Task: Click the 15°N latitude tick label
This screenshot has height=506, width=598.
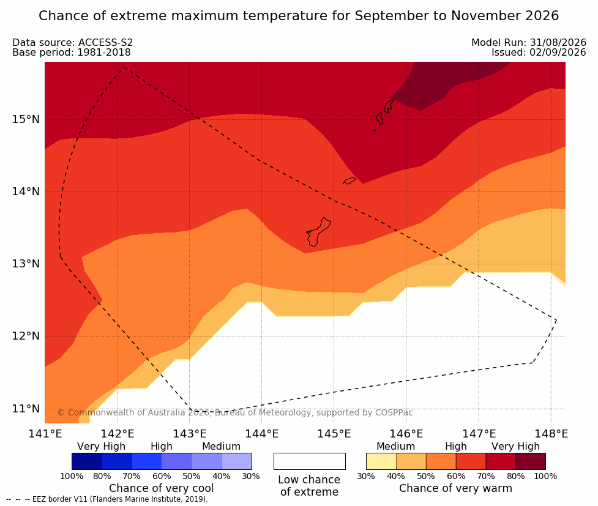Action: click(26, 119)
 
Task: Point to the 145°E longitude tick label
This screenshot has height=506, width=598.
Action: click(334, 434)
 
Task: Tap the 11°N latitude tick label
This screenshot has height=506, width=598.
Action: click(26, 409)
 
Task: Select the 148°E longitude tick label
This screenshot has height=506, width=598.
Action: click(551, 434)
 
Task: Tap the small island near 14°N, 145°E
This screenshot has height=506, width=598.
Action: click(349, 180)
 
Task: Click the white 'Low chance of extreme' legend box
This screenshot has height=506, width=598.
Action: click(310, 461)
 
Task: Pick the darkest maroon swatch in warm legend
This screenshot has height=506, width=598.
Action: click(531, 461)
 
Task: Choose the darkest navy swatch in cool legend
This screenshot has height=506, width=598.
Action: click(87, 461)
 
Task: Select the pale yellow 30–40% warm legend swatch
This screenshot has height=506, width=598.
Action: click(381, 461)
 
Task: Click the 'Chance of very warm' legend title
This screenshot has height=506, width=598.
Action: click(455, 488)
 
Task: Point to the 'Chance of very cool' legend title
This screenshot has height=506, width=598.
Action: click(162, 488)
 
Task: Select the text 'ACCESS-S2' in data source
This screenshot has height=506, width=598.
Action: click(106, 42)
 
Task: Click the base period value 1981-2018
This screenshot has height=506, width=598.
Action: click(104, 52)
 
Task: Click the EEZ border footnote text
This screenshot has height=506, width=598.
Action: click(107, 499)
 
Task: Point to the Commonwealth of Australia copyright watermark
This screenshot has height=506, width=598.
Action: click(235, 412)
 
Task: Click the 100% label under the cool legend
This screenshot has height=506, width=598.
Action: click(72, 476)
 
